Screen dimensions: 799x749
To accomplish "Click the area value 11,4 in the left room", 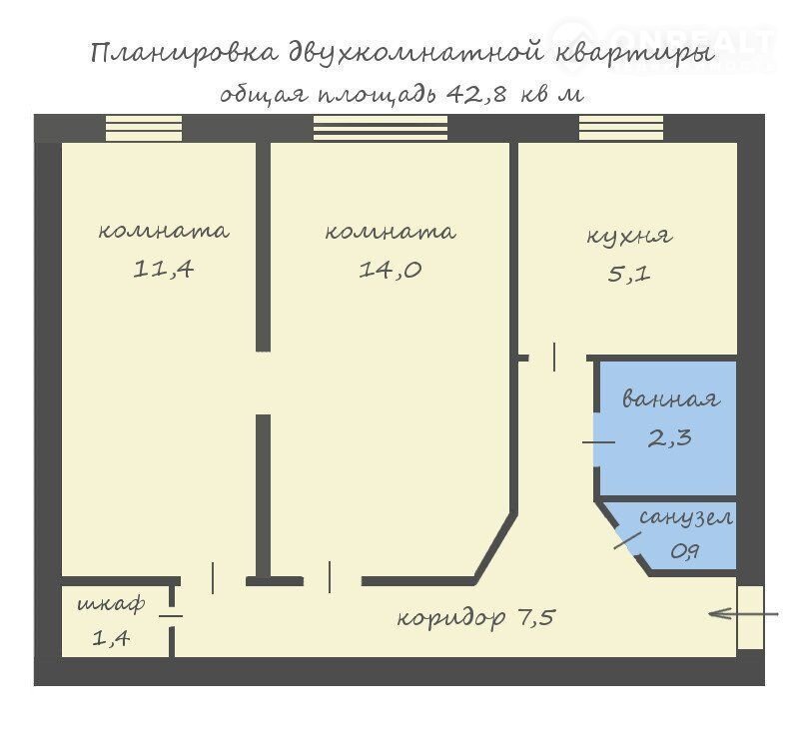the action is pyautogui.click(x=163, y=269).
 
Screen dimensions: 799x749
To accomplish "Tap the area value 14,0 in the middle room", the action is pyautogui.click(x=390, y=269).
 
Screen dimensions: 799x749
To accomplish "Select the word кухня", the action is pyautogui.click(x=629, y=237).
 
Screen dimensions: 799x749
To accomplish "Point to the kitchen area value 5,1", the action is pyautogui.click(x=629, y=274).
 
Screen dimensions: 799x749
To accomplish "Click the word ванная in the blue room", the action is pyautogui.click(x=670, y=398).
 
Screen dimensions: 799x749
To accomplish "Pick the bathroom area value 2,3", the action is pyautogui.click(x=669, y=437).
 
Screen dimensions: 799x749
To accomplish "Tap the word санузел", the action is pyautogui.click(x=686, y=517).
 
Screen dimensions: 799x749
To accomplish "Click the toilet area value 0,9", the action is pyautogui.click(x=684, y=551).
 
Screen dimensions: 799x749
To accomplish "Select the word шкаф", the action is pyautogui.click(x=111, y=605).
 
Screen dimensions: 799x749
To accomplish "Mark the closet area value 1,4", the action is pyautogui.click(x=111, y=637).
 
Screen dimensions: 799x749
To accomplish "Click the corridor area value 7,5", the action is pyautogui.click(x=536, y=617).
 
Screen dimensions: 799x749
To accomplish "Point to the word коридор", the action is pyautogui.click(x=451, y=619).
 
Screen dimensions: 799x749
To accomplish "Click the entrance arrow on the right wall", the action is pyautogui.click(x=743, y=614).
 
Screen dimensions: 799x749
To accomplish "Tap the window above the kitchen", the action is pyautogui.click(x=621, y=128).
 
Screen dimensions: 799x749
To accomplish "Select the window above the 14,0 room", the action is pyautogui.click(x=381, y=128).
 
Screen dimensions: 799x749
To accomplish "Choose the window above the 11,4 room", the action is pyautogui.click(x=144, y=128).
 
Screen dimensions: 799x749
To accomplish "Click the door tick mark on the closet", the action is pyautogui.click(x=171, y=615).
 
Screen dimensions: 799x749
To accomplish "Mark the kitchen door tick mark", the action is pyautogui.click(x=554, y=358).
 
